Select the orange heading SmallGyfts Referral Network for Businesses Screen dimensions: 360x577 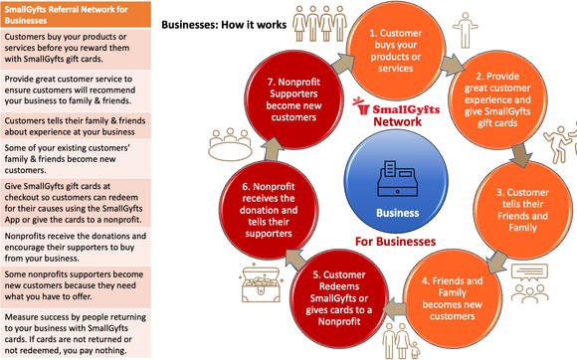click(72, 15)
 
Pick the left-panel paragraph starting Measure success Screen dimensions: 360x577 click(72, 334)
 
